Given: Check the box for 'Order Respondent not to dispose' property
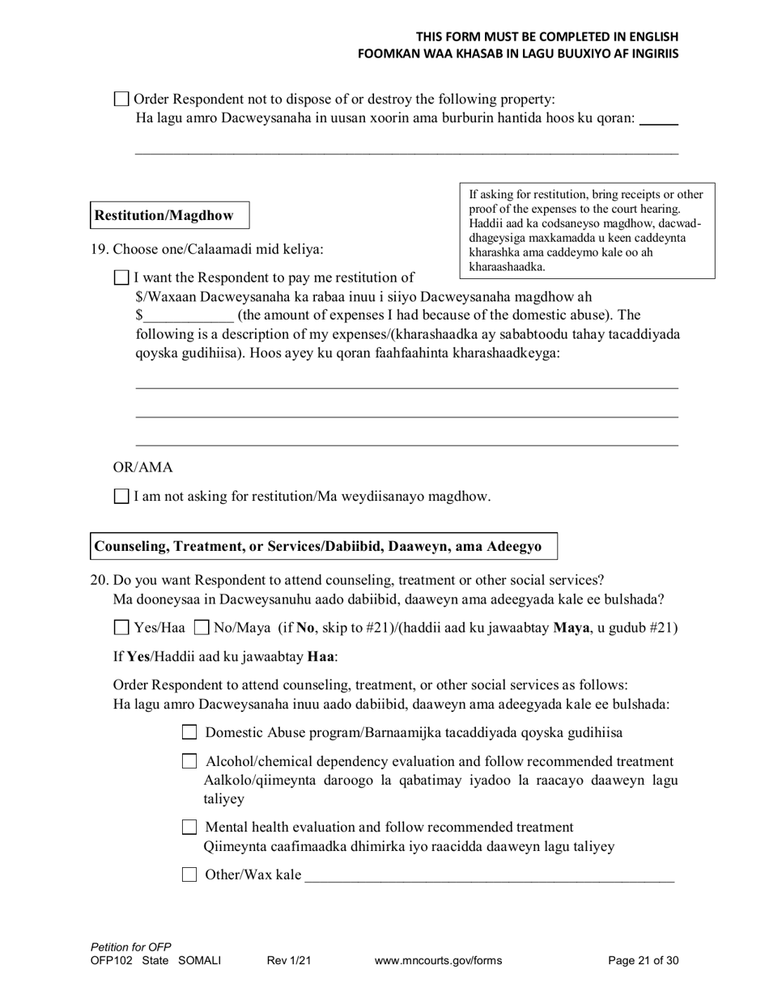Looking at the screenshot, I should point(121,99).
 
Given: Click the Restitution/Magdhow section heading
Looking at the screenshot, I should point(164,215).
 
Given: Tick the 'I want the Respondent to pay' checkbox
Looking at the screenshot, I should point(121,278).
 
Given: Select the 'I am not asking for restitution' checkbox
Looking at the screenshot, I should point(121,497).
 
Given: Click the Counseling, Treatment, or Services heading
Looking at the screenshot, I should point(318,546).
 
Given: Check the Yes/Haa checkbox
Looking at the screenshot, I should point(121,628).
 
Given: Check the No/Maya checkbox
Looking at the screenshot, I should point(202,628).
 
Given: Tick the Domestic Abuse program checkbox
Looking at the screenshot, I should point(189,733).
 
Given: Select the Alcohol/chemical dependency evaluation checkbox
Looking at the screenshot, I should point(189,761).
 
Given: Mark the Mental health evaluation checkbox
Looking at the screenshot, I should point(189,827).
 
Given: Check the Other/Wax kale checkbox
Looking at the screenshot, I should point(189,874).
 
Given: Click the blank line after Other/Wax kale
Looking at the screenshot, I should point(489,877).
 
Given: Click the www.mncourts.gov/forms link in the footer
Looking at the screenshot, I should point(438,961).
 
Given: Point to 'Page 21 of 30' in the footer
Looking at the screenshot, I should point(643,961).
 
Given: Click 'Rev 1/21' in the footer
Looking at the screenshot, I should point(289,961).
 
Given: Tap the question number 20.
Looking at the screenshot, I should point(100,580).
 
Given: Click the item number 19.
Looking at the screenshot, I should point(100,250).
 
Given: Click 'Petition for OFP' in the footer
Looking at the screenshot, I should point(131,947).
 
